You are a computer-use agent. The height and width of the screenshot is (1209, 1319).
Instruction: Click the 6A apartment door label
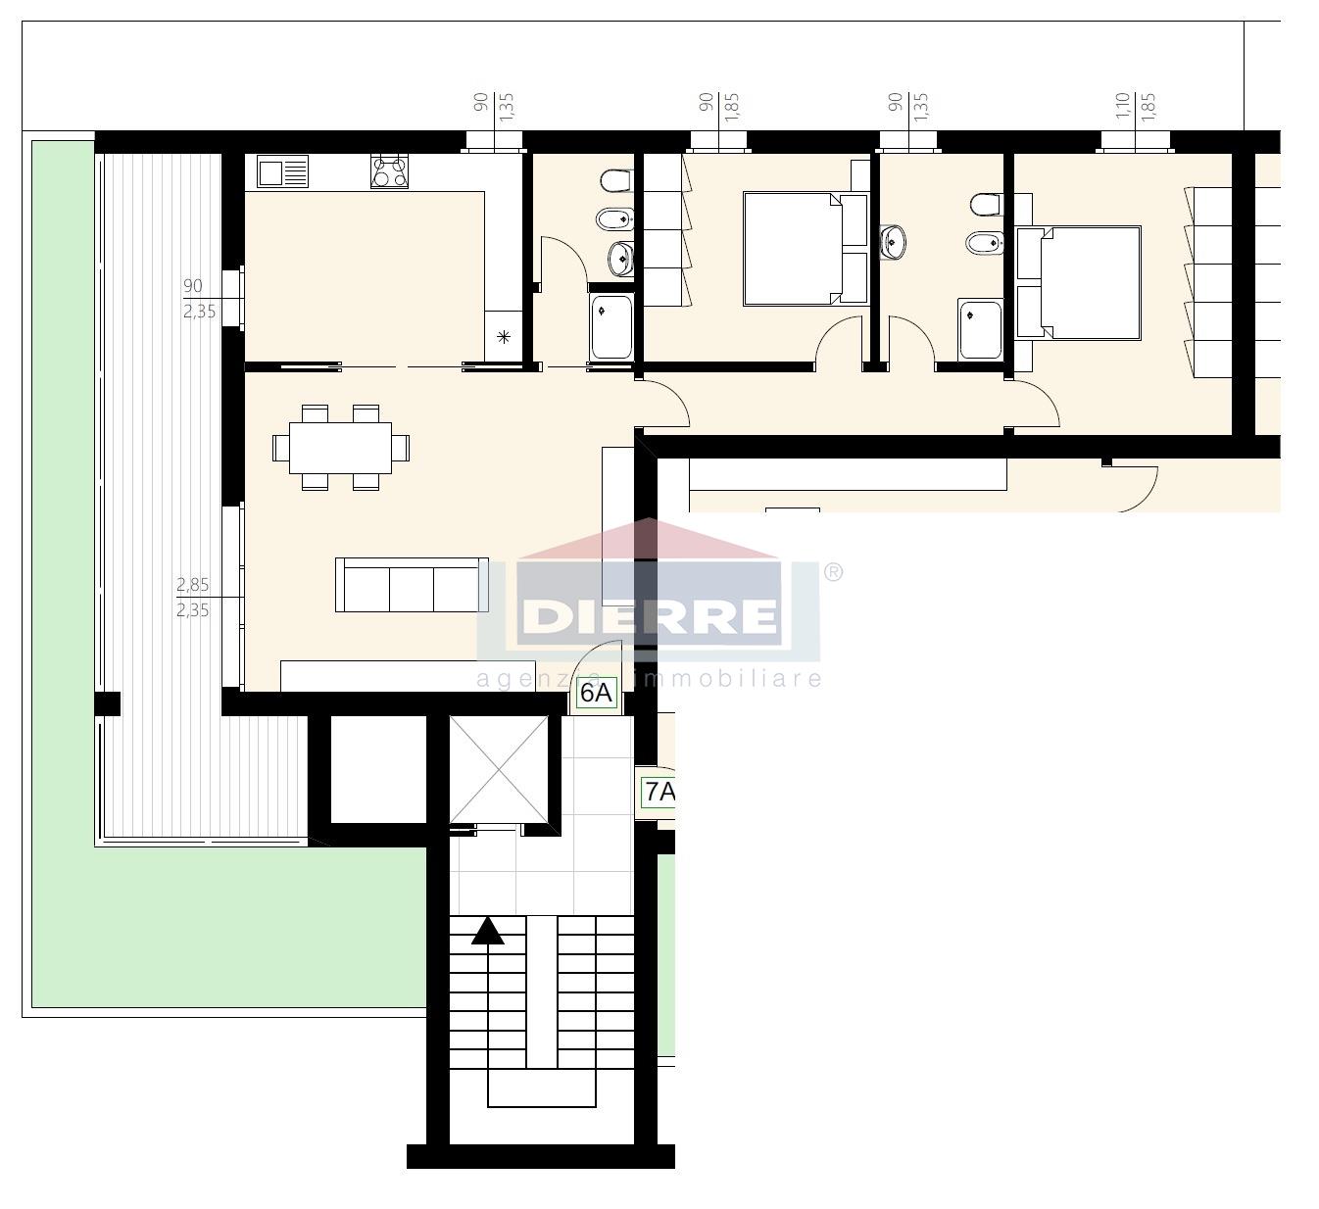[597, 693]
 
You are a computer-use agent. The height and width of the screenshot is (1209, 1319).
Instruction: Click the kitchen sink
[283, 172]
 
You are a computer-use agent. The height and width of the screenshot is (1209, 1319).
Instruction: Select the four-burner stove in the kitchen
[389, 172]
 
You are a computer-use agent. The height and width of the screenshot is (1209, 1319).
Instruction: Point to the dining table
[341, 448]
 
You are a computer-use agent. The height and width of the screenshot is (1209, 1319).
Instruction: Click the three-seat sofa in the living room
[412, 585]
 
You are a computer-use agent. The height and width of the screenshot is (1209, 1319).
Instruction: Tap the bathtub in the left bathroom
[611, 327]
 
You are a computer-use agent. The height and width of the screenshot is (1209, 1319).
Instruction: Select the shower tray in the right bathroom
[980, 329]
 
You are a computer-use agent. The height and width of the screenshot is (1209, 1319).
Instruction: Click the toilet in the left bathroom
[616, 180]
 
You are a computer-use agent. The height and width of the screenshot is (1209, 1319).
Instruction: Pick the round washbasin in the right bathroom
[893, 242]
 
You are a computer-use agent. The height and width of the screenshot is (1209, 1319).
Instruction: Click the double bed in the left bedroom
[806, 249]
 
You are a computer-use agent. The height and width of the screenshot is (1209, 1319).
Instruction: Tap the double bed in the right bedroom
[1078, 283]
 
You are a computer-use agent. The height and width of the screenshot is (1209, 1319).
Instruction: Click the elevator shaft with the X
[499, 770]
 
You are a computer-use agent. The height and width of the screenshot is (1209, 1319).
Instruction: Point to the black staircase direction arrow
[487, 931]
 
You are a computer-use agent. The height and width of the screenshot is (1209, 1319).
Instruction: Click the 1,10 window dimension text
[1122, 106]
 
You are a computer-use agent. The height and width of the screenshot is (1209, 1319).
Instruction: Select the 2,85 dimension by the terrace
[193, 585]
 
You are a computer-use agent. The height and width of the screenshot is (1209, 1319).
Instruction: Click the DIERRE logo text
[650, 615]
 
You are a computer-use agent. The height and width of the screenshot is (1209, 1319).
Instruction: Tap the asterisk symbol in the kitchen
[504, 337]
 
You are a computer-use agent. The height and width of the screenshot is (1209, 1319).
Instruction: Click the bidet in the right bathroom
[985, 243]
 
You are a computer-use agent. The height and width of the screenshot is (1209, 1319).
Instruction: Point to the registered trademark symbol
[832, 572]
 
